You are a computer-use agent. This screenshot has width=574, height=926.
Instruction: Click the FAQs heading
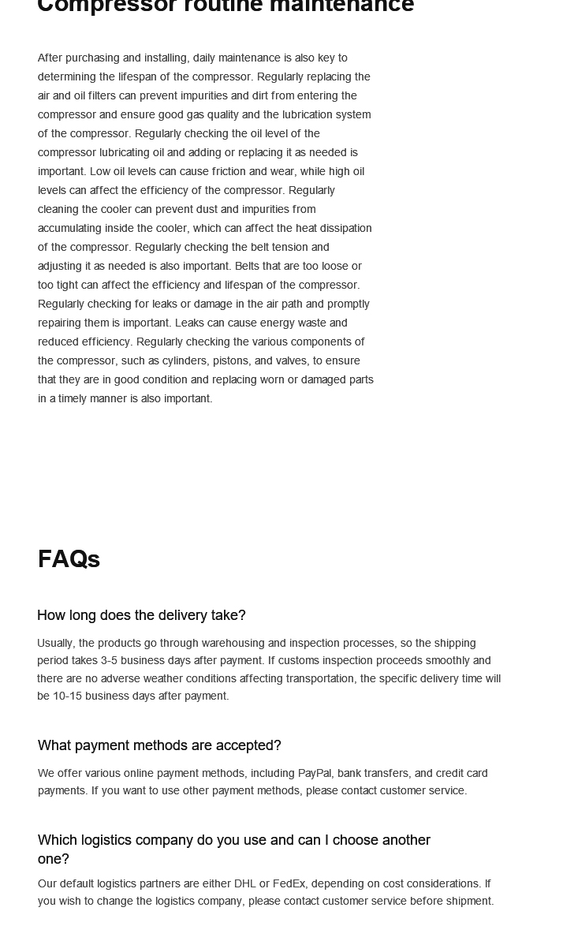69,559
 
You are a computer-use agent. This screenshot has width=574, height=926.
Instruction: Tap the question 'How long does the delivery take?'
141,615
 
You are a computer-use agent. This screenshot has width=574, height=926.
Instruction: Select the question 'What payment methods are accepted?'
159,745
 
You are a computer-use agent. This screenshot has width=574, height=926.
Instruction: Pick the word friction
229,171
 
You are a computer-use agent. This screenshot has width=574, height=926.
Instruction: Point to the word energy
281,323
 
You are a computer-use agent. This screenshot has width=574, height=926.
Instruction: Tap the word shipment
469,901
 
